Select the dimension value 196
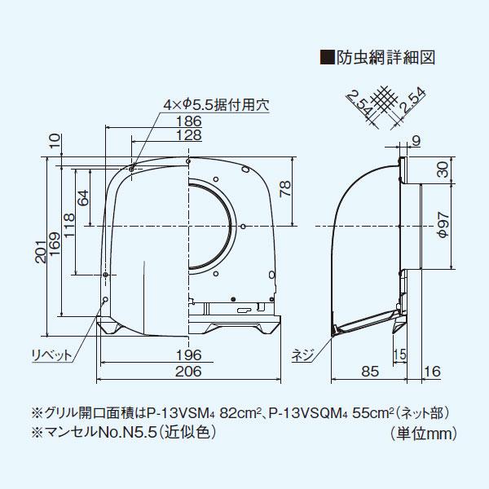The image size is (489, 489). pyautogui.click(x=189, y=355)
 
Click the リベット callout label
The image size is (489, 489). pyautogui.click(x=50, y=355)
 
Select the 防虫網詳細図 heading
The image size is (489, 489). pyautogui.click(x=390, y=58)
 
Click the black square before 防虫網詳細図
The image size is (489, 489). pyautogui.click(x=329, y=58)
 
